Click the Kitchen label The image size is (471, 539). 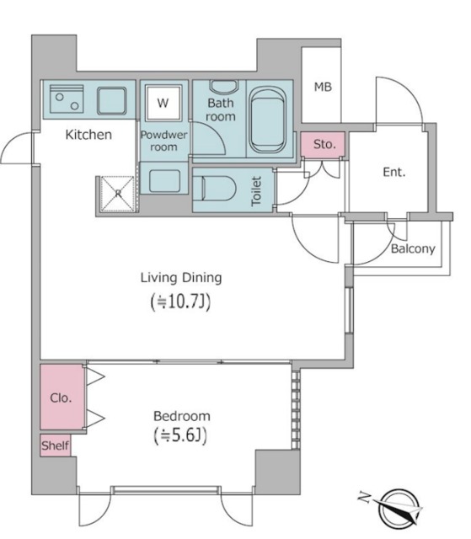pyautogui.click(x=88, y=135)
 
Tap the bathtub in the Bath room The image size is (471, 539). pyautogui.click(x=267, y=120)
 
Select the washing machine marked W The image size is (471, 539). pyautogui.click(x=163, y=103)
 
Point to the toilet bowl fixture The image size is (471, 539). pyautogui.click(x=215, y=189)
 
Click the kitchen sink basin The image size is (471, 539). pyautogui.click(x=111, y=100)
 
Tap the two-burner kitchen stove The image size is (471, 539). pyautogui.click(x=67, y=99)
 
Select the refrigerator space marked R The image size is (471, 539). pyautogui.click(x=118, y=194)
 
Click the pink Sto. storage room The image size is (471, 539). pyautogui.click(x=324, y=144)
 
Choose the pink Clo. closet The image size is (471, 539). pyautogui.click(x=62, y=397)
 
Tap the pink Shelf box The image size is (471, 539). pyautogui.click(x=56, y=446)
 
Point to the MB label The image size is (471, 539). pyautogui.click(x=324, y=87)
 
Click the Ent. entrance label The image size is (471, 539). pyautogui.click(x=394, y=172)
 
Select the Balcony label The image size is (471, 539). pyautogui.click(x=413, y=248)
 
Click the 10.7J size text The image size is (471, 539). pyautogui.click(x=180, y=302)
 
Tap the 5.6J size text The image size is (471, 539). pyautogui.click(x=180, y=436)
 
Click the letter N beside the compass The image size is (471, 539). pyautogui.click(x=365, y=497)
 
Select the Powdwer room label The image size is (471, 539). pyautogui.click(x=163, y=141)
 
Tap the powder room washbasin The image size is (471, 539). pyautogui.click(x=164, y=181)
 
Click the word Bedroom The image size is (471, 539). pyautogui.click(x=182, y=416)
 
